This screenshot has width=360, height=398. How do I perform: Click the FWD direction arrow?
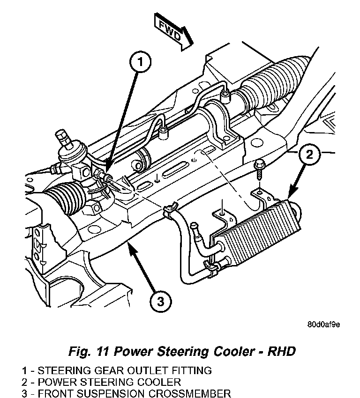[174, 32]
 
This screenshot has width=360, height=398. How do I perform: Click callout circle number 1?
[140, 62]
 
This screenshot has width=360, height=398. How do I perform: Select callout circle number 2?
[309, 154]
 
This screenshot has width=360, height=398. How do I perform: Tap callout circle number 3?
[161, 302]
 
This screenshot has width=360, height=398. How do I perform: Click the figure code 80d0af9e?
[323, 324]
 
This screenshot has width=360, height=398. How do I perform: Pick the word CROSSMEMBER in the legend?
[193, 393]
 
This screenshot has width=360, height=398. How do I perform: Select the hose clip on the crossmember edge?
[170, 210]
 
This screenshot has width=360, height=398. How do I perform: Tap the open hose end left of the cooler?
[194, 226]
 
